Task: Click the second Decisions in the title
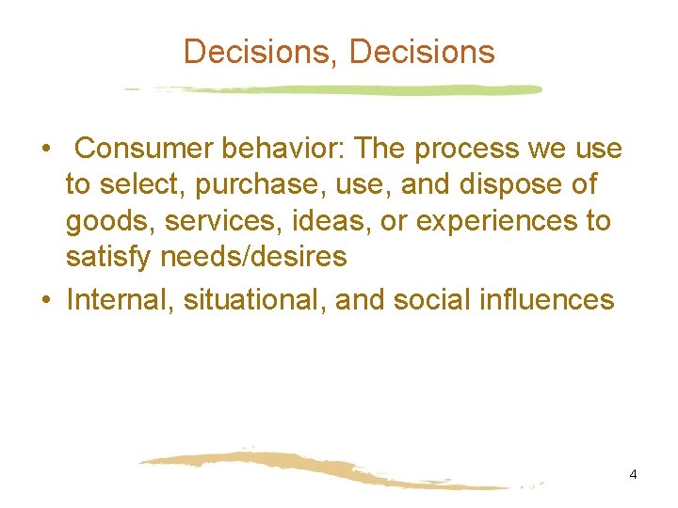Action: click(422, 52)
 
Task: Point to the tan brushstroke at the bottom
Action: click(320, 469)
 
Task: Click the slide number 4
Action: click(633, 474)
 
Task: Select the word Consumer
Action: click(147, 149)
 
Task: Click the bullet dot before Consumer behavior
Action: click(45, 150)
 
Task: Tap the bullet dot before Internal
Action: click(45, 300)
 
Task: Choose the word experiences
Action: click(499, 222)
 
